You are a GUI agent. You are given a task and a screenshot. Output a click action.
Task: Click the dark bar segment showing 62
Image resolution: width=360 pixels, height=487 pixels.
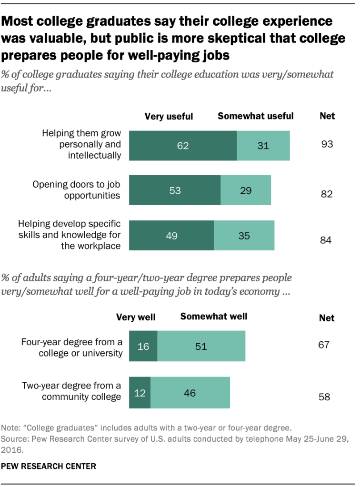coord(183,146)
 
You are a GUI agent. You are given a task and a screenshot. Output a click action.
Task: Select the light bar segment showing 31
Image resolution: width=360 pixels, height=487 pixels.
coord(263,146)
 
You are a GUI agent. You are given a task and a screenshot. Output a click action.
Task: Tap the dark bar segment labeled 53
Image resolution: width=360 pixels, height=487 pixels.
coord(175,190)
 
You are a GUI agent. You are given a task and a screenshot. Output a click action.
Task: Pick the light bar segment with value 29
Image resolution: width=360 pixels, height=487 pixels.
coord(246,190)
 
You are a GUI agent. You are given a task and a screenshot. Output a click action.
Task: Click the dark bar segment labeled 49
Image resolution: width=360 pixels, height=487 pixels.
coord(171,235)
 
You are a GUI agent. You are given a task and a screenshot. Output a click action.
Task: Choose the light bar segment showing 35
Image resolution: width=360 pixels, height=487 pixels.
coord(244,235)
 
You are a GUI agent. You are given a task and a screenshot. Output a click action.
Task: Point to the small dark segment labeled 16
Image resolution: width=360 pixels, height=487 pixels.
coord(143,346)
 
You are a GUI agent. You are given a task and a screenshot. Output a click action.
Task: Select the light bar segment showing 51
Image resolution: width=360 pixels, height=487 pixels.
coord(201,346)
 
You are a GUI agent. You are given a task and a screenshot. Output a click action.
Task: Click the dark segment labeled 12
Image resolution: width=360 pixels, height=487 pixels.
coord(140,393)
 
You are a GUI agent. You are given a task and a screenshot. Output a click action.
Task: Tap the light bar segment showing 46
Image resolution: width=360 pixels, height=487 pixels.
coord(190,393)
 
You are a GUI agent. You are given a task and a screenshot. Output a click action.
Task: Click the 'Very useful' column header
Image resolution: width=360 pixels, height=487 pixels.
coord(169,116)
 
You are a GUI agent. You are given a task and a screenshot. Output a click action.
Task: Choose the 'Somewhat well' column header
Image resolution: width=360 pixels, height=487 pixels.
coord(214,316)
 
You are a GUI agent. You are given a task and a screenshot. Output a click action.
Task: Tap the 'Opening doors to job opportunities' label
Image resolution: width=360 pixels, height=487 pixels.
coord(77,190)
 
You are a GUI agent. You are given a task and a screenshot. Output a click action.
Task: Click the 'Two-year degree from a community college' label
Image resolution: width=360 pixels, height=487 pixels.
coord(71,391)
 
